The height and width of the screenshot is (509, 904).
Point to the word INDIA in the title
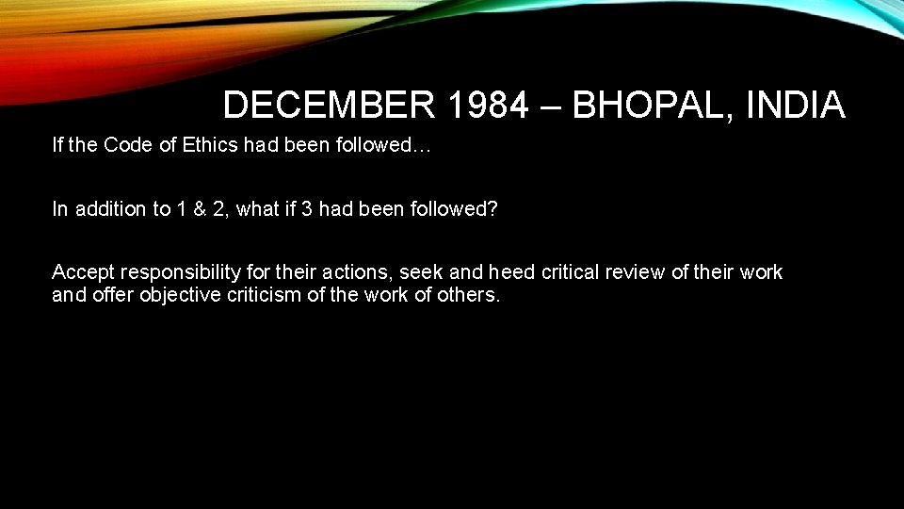tap(795, 106)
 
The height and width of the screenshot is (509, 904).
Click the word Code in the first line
tap(124, 145)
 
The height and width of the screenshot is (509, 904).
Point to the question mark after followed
tap(492, 209)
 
